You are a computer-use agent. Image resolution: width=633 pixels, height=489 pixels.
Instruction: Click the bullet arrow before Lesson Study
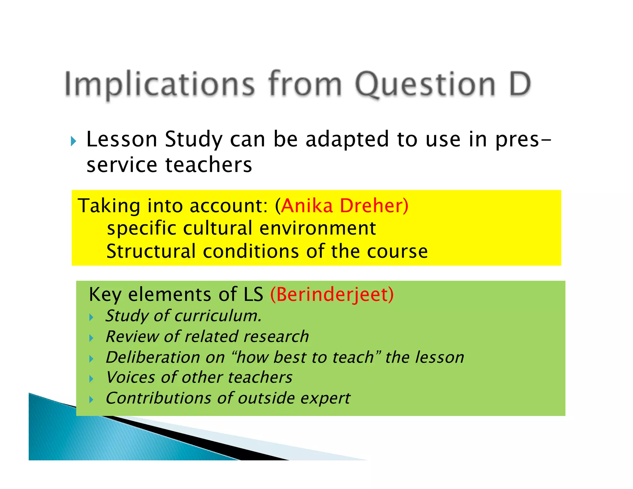[73, 141]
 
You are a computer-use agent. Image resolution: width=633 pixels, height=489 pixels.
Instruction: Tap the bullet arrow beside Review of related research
[91, 338]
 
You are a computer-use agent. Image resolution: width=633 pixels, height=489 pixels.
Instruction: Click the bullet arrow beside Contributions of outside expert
[91, 399]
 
